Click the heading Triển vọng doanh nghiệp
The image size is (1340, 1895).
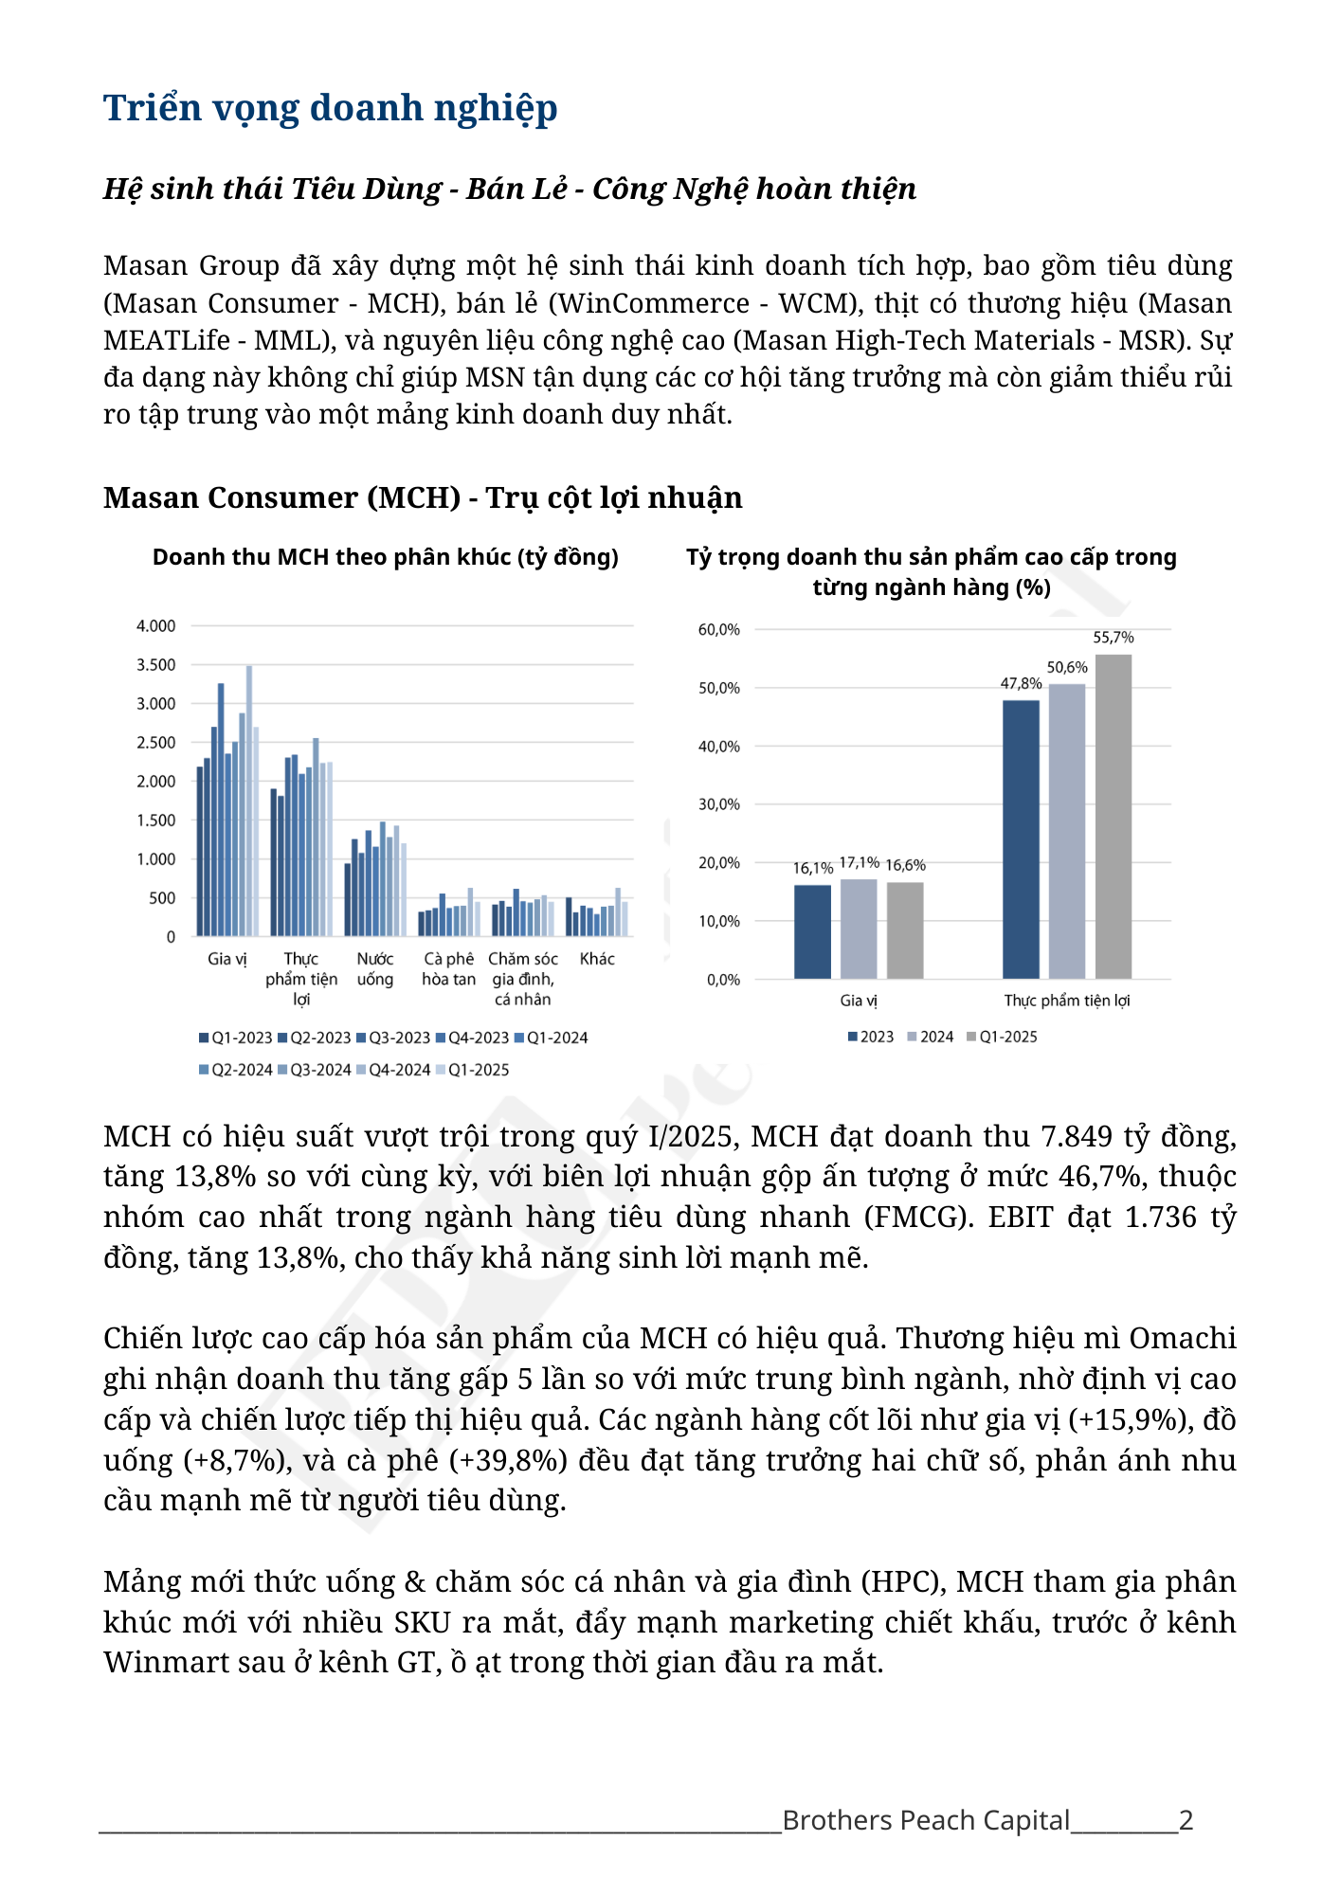coord(330,108)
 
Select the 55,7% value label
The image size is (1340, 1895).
coord(1113,638)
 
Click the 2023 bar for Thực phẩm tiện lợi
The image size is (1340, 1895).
coord(1021,839)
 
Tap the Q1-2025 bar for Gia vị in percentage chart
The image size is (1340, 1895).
coord(905,929)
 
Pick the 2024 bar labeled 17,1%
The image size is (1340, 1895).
coord(859,929)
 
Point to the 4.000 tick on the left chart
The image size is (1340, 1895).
coord(155,626)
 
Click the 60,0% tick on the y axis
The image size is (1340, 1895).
coord(718,630)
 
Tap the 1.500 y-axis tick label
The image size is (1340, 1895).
coord(155,821)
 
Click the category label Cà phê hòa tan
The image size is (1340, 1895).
coord(448,968)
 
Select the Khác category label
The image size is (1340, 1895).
coord(597,959)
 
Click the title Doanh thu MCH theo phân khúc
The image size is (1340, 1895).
coord(385,557)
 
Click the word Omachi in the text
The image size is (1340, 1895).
coord(1183,1338)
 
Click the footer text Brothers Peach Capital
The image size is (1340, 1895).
coord(926,1820)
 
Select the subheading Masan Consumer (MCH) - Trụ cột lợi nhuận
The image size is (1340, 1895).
coord(423,497)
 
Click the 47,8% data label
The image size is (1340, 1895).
coord(1021,683)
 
